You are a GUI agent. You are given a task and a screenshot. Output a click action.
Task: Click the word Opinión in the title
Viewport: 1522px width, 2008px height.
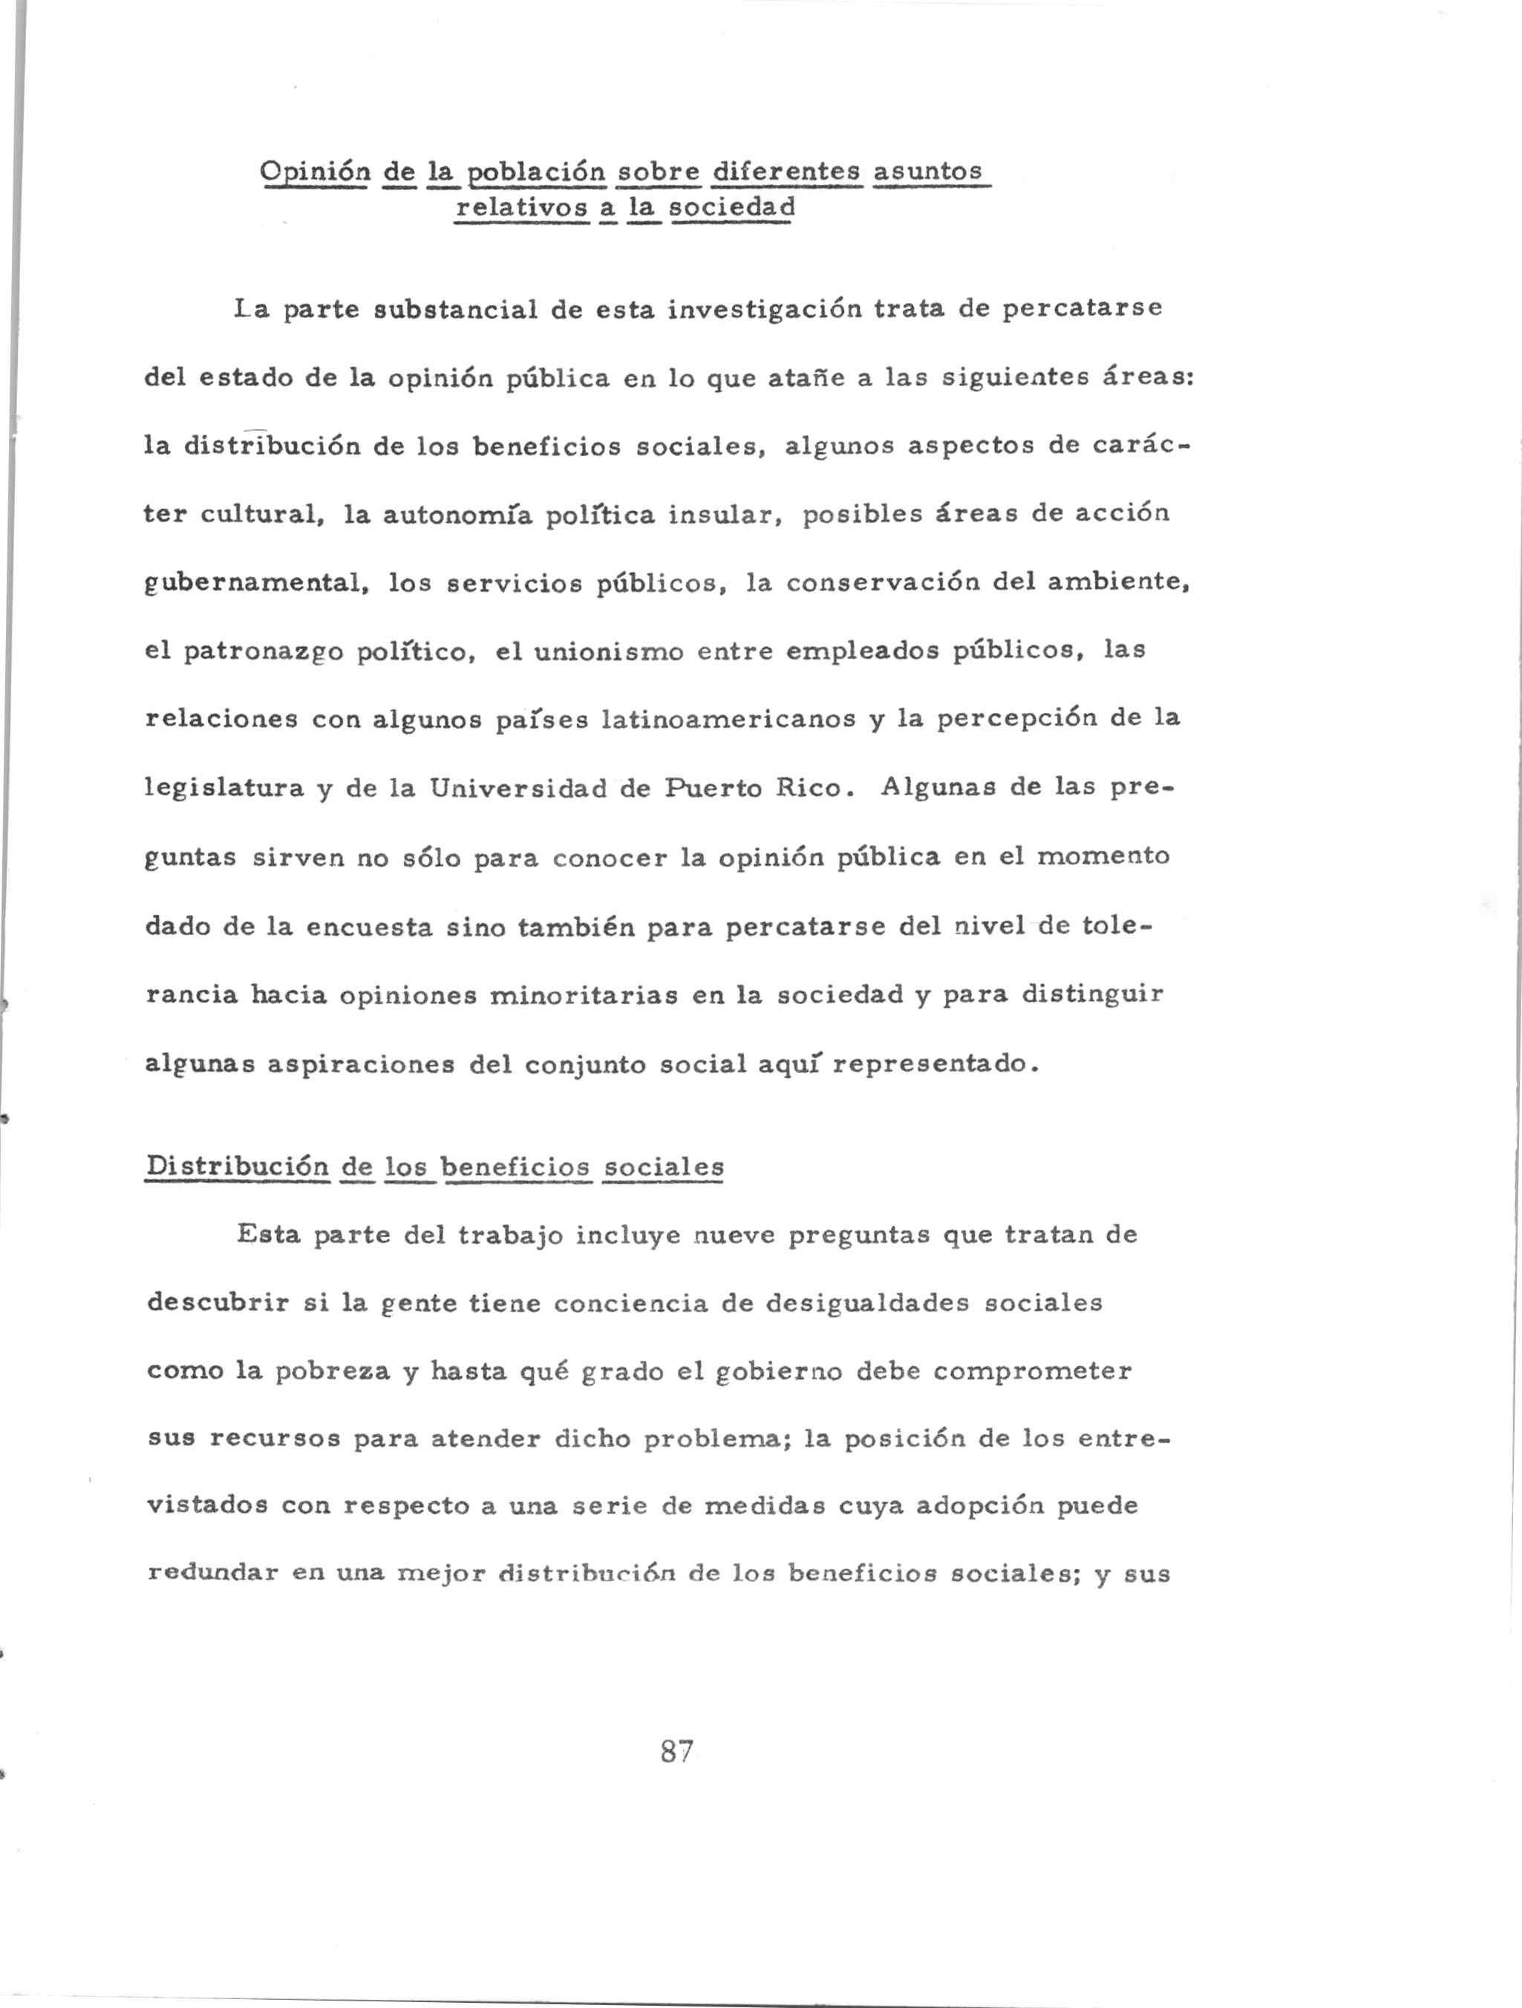click(314, 172)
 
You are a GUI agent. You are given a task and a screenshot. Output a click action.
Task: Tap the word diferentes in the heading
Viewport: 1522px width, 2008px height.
click(786, 171)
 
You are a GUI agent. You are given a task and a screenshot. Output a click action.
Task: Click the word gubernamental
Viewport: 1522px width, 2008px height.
click(257, 583)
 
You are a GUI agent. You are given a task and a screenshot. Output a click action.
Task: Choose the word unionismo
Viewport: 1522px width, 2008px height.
click(608, 652)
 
